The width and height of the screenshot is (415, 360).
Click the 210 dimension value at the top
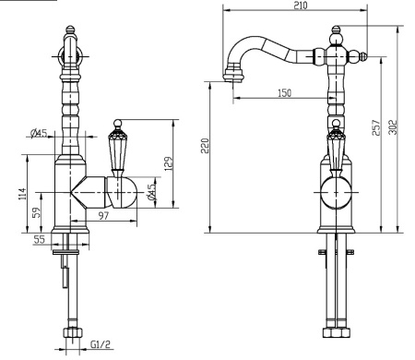pos(300,6)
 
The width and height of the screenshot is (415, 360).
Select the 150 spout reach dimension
pos(284,92)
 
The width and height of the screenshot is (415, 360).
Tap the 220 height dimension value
pos(205,146)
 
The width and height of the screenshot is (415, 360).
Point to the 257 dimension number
pos(376,127)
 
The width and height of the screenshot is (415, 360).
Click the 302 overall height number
pos(393,127)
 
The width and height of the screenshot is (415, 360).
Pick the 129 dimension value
pos(169,164)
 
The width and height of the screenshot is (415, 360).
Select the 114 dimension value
pos(23,194)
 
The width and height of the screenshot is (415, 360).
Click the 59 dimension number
pos(37,212)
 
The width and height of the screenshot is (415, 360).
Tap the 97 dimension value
pos(103,215)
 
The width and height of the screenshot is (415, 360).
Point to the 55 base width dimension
pos(40,239)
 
